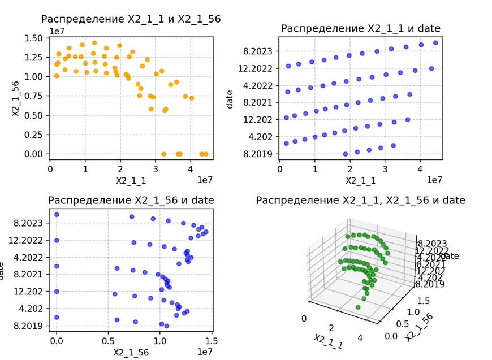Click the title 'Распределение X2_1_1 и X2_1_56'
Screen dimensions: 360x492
131,19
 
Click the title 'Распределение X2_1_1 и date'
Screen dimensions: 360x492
360,28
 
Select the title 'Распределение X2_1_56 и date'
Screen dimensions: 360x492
131,201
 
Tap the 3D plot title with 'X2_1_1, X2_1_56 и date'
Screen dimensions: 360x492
360,201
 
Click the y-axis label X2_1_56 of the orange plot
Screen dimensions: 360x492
16,95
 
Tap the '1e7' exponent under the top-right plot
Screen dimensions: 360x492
434,180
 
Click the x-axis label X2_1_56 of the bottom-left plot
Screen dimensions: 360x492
131,352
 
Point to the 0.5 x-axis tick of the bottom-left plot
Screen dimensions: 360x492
108,340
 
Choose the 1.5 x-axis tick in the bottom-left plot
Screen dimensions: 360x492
212,340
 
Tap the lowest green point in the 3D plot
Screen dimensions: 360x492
358,307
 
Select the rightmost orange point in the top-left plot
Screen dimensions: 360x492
206,154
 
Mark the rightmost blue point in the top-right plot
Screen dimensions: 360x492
435,43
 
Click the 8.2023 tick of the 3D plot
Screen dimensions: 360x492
433,244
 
